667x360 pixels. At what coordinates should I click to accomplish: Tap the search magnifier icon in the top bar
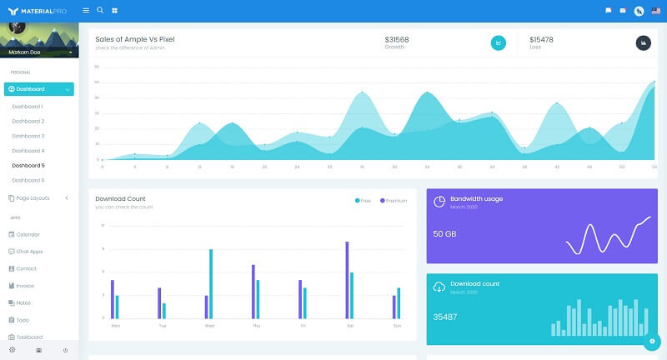tap(100, 10)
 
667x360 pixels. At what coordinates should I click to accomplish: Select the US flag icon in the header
tap(656, 11)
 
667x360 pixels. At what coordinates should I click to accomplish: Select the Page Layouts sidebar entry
tap(33, 198)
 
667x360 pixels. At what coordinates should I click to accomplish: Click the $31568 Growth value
tap(397, 40)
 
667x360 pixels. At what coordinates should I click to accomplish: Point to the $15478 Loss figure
tap(541, 40)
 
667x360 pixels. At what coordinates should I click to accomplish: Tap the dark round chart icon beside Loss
tap(643, 42)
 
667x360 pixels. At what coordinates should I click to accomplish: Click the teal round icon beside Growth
tap(499, 42)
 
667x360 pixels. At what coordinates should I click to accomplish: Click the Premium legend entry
tap(395, 201)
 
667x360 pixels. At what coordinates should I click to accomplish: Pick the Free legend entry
tap(364, 201)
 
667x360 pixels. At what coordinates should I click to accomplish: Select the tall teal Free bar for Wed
tap(211, 283)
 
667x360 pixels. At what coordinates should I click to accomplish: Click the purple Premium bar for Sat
tap(347, 280)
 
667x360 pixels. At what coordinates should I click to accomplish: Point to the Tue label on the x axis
tap(162, 325)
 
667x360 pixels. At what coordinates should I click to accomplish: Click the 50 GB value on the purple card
tap(444, 234)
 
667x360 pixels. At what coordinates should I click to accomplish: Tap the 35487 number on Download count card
tap(446, 317)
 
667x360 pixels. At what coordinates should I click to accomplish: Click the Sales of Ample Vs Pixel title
tap(135, 39)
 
